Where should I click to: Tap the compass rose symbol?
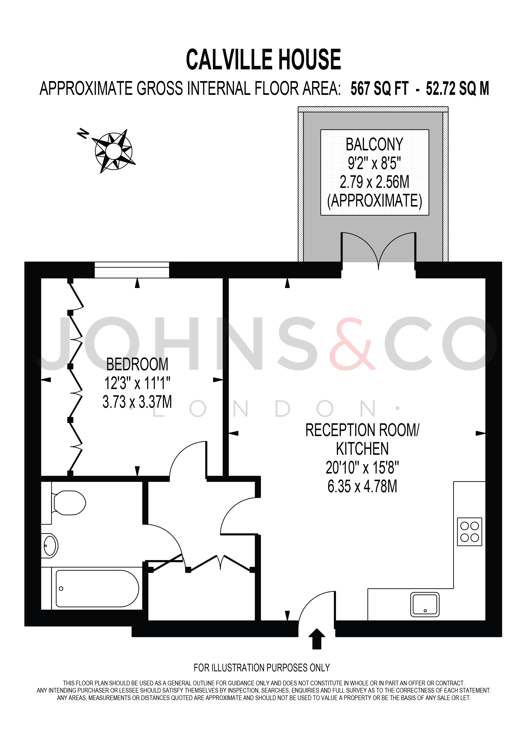pyautogui.click(x=114, y=151)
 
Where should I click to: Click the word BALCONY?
pyautogui.click(x=374, y=145)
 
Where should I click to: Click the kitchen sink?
pyautogui.click(x=425, y=605)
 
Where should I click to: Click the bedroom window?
pyautogui.click(x=132, y=270)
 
